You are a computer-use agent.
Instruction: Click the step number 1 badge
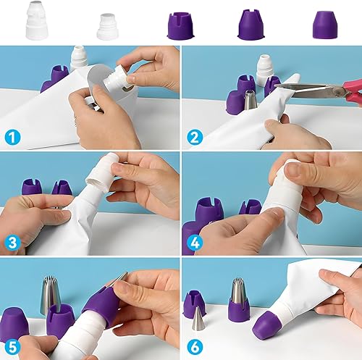pos(12,138)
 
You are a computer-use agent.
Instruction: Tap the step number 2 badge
pos(195,138)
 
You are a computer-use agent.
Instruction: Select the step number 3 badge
pos(12,243)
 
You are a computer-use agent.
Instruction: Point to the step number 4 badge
pos(195,243)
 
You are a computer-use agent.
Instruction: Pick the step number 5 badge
pos(12,347)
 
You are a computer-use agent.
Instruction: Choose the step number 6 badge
pos(195,347)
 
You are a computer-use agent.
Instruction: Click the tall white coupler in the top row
pos(37,20)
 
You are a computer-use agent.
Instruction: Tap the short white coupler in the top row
pos(108,27)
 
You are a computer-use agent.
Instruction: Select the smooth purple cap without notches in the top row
pos(325,25)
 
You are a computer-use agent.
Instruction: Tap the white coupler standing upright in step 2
pos(265,70)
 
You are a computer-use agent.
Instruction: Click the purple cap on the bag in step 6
pos(267,325)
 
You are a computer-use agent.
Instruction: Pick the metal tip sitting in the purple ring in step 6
pos(239,290)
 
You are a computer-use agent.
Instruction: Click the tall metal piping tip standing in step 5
pos(50,296)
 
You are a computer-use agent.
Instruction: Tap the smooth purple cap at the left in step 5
pos(14,325)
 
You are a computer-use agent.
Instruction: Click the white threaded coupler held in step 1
pos(116,78)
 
